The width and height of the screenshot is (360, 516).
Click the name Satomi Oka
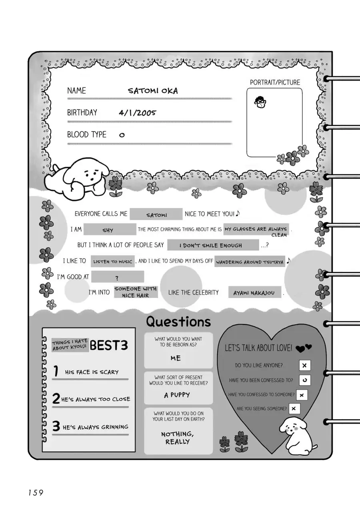point(153,91)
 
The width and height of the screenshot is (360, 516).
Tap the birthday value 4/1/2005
point(137,113)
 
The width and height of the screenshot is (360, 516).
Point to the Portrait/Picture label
point(275,82)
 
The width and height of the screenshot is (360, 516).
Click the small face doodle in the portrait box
point(260,102)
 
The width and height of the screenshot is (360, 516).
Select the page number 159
point(36,492)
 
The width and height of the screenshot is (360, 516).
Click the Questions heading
point(178,321)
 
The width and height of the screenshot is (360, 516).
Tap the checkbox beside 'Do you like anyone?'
point(304,365)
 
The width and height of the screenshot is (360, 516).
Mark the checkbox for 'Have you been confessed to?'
point(304,380)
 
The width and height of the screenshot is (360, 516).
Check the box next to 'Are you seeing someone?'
point(294,408)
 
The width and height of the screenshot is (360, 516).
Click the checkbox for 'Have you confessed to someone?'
point(301,395)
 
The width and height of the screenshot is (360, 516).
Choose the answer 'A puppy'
point(177,395)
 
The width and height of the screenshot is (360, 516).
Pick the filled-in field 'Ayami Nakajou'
point(254,293)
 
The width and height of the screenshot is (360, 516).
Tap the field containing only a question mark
point(117,277)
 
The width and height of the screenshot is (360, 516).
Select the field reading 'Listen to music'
point(112,261)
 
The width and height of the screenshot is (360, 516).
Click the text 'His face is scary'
point(92,372)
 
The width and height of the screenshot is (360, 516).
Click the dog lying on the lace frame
point(78,178)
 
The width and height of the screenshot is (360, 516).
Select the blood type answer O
point(122,135)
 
